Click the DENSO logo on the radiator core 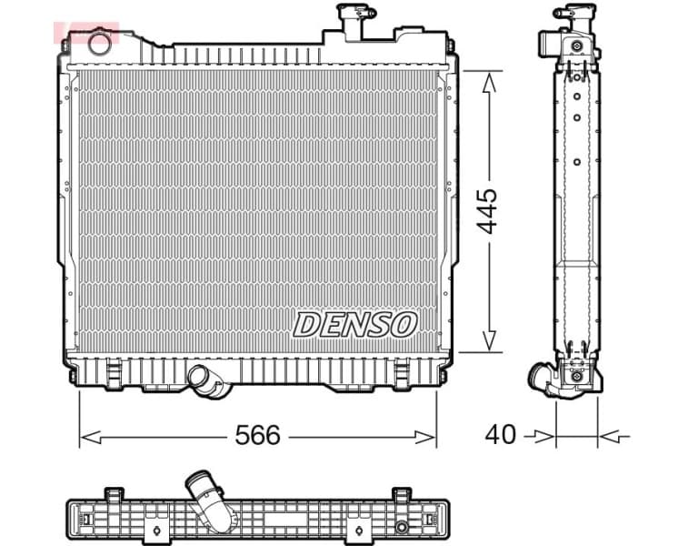(x=354, y=324)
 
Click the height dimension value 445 (x=488, y=212)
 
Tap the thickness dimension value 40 (x=500, y=435)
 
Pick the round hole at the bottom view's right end (x=402, y=527)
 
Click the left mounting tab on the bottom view (x=114, y=495)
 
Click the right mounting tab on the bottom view (x=401, y=495)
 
